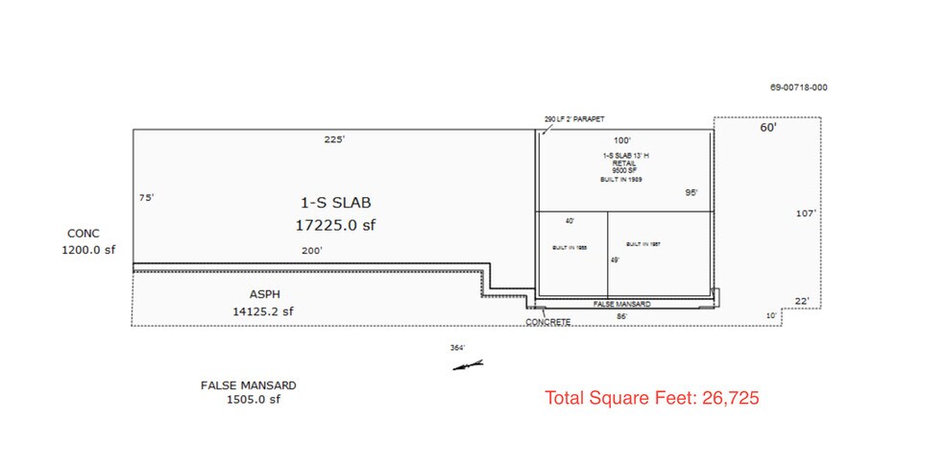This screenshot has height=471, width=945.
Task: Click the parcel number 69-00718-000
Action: tap(798, 87)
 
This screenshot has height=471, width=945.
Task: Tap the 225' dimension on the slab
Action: tap(334, 139)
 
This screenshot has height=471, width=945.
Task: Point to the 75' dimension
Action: tap(146, 197)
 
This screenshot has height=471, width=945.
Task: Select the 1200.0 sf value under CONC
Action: tap(84, 249)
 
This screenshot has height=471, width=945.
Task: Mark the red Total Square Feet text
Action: tap(652, 397)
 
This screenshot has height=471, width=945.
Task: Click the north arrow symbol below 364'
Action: tap(471, 364)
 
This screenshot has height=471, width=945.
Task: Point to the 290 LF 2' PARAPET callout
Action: tap(574, 119)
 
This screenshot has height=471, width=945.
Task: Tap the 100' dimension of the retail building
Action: tap(623, 140)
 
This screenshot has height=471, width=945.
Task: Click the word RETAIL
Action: tap(623, 163)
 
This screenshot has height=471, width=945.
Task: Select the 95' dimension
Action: tap(691, 192)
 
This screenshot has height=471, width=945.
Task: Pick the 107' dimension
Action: tap(806, 213)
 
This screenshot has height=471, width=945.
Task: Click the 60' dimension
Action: tap(767, 127)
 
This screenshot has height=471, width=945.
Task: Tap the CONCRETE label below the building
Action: tap(548, 321)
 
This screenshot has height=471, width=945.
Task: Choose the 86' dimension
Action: tap(622, 315)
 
